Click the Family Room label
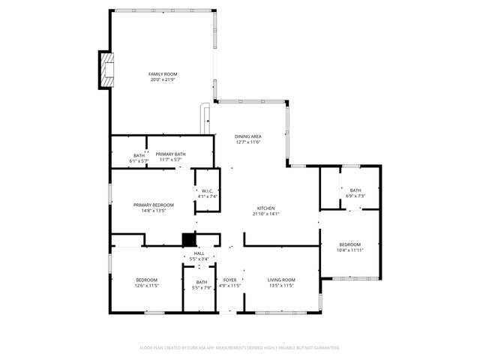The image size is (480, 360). click(162, 74)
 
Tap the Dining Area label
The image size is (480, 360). click(247, 136)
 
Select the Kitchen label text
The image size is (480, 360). click(266, 208)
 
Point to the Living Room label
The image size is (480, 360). click(281, 280)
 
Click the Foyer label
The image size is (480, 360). click(229, 280)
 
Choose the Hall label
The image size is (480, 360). click(199, 253)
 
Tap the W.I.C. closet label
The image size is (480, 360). click(208, 190)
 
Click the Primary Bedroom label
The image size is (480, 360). click(154, 205)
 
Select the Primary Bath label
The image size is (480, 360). click(170, 154)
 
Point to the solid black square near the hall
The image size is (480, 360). click(189, 239)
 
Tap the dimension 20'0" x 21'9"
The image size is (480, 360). click(162, 80)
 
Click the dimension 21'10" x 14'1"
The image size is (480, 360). click(266, 214)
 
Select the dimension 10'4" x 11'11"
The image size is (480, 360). click(349, 250)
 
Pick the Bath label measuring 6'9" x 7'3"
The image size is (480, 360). click(355, 190)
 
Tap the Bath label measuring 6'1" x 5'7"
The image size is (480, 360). click(139, 154)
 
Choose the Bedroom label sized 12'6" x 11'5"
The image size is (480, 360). click(147, 280)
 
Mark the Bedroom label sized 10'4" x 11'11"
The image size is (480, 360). click(349, 244)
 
